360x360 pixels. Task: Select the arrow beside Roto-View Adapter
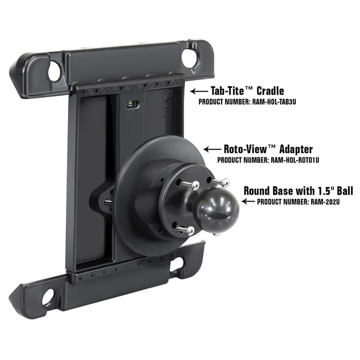[x=212, y=150]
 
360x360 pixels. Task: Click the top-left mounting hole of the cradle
[x=54, y=71]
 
